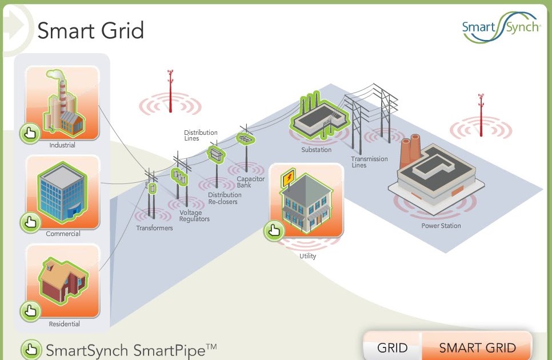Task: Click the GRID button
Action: pyautogui.click(x=393, y=347)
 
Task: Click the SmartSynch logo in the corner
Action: pyautogui.click(x=501, y=27)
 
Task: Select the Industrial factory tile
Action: pyautogui.click(x=62, y=103)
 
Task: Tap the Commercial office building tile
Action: pyautogui.click(x=62, y=193)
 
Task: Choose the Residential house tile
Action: pyautogui.click(x=62, y=282)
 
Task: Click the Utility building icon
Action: pyautogui.click(x=306, y=201)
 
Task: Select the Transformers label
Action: pyautogui.click(x=154, y=228)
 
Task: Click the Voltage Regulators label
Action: pyautogui.click(x=194, y=216)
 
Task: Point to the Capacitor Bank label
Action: pyautogui.click(x=251, y=182)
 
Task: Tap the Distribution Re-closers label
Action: pyautogui.click(x=222, y=199)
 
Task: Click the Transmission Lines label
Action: pyautogui.click(x=369, y=162)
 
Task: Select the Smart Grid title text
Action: pyautogui.click(x=90, y=30)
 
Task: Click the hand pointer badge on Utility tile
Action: pyautogui.click(x=274, y=231)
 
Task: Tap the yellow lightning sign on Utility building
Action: pyautogui.click(x=288, y=178)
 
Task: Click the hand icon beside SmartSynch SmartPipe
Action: pyautogui.click(x=31, y=349)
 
